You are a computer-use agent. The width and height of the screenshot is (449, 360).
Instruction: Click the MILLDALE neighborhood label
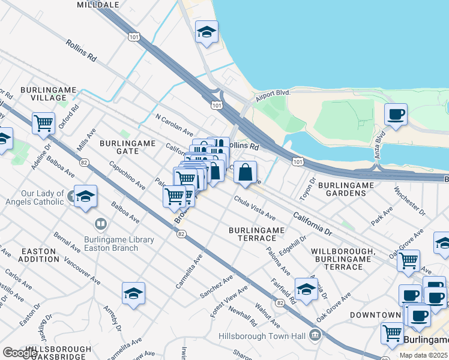pyautogui.click(x=98, y=4)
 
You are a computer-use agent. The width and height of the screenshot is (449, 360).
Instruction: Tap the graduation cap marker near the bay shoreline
pyautogui.click(x=206, y=33)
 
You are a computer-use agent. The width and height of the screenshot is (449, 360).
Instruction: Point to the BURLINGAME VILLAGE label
pyautogui.click(x=49, y=94)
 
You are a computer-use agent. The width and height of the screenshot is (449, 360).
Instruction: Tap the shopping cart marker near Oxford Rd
pyautogui.click(x=44, y=123)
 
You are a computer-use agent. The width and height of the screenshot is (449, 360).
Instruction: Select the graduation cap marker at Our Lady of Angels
pyautogui.click(x=85, y=196)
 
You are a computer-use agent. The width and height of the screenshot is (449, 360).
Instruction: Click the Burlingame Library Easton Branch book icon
pyautogui.click(x=101, y=226)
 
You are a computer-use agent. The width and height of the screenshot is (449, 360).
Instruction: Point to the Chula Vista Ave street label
pyautogui.click(x=255, y=208)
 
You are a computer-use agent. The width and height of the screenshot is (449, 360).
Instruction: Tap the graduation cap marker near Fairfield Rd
pyautogui.click(x=306, y=289)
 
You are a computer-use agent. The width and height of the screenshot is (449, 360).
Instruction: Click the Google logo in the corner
pyautogui.click(x=20, y=353)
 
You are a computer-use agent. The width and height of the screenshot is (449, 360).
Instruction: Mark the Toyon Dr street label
pyautogui.click(x=308, y=188)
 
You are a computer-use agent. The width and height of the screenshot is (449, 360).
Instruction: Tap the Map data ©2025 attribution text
pyautogui.click(x=424, y=355)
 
